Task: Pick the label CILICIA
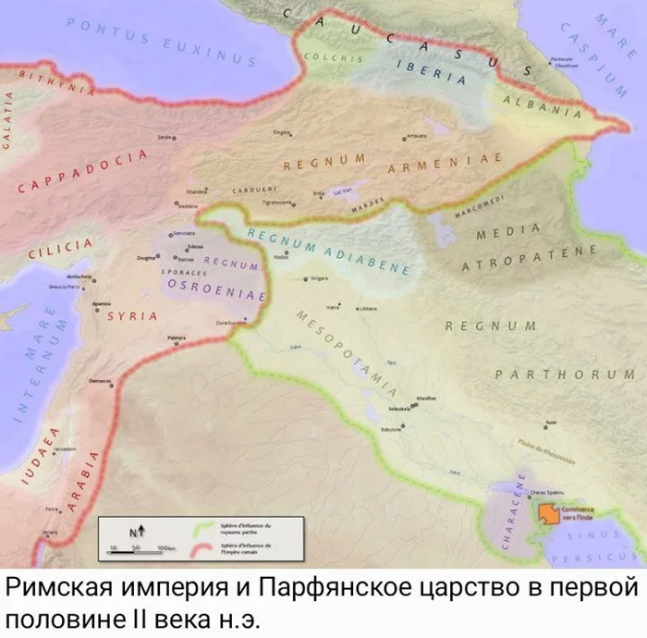(60, 247)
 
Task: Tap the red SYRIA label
(132, 316)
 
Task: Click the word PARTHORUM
(564, 374)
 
